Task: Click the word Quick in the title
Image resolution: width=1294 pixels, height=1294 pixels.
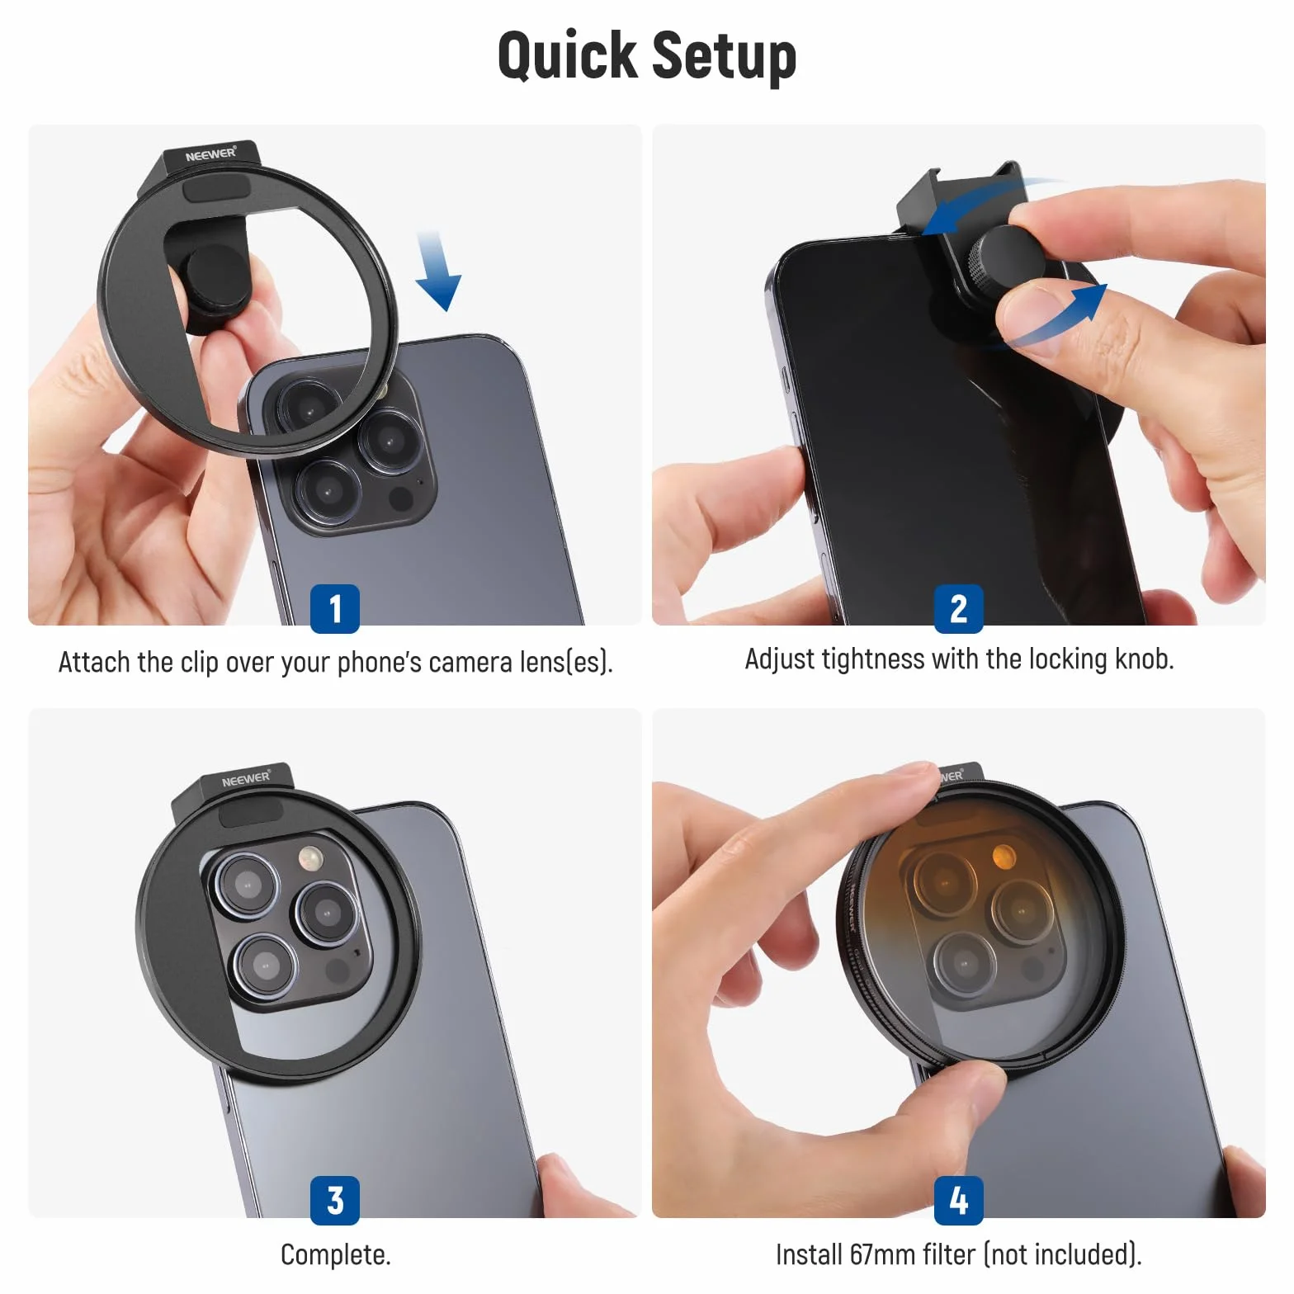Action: (x=567, y=56)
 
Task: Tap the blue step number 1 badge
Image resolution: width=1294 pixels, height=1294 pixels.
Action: (x=335, y=609)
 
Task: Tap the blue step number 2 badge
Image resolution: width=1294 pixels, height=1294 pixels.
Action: (x=959, y=609)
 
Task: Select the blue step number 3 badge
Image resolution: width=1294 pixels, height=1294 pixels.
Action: (x=335, y=1201)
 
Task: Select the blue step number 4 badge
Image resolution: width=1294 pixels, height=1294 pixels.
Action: (x=959, y=1201)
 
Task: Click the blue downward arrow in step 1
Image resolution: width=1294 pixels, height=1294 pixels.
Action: (x=437, y=271)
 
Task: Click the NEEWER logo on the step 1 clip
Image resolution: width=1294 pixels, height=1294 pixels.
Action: (x=210, y=154)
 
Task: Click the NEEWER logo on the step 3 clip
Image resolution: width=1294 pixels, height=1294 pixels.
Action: (x=246, y=779)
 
